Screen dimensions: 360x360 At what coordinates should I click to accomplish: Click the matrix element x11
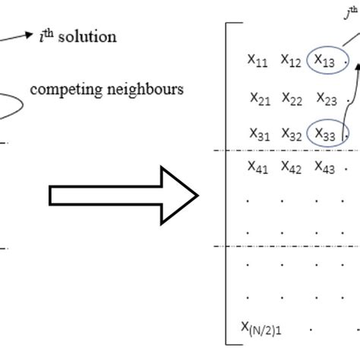[258, 61]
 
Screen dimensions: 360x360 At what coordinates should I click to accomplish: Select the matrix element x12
[291, 61]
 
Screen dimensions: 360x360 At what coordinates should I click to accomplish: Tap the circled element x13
[325, 61]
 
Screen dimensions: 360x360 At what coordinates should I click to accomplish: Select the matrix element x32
[292, 134]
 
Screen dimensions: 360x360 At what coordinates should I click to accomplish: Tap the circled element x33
[326, 134]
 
